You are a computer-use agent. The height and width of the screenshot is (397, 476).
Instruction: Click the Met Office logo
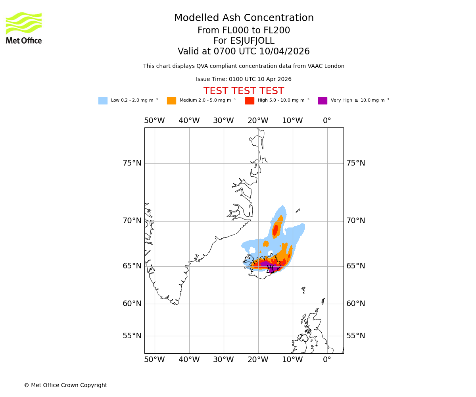pyautogui.click(x=24, y=28)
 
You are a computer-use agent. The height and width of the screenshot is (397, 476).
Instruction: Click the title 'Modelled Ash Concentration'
pyautogui.click(x=244, y=18)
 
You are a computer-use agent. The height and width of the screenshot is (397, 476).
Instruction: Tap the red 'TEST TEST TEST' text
pyautogui.click(x=244, y=91)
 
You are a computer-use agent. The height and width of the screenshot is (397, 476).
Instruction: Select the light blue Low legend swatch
pyautogui.click(x=103, y=101)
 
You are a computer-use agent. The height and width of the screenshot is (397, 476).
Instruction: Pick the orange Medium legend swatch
pyautogui.click(x=171, y=101)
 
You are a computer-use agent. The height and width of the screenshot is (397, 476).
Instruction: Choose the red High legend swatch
pyautogui.click(x=250, y=101)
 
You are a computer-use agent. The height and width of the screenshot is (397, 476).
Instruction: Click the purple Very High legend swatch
pyautogui.click(x=322, y=101)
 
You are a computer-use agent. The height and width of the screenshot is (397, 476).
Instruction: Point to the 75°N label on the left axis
pyautogui.click(x=132, y=163)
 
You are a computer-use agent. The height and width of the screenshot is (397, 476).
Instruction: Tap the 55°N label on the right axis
pyautogui.click(x=355, y=336)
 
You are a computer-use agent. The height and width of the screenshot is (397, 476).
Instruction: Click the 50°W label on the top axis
pyautogui.click(x=154, y=121)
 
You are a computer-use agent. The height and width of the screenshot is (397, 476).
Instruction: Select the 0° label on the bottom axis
pyautogui.click(x=327, y=360)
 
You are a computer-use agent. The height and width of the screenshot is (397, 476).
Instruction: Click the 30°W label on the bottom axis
pyautogui.click(x=223, y=360)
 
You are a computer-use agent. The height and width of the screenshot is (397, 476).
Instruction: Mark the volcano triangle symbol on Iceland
pyautogui.click(x=270, y=269)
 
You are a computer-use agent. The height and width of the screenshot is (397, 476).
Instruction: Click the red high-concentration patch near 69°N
pyautogui.click(x=275, y=230)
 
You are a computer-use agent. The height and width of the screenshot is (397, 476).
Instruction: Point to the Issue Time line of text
pyautogui.click(x=244, y=79)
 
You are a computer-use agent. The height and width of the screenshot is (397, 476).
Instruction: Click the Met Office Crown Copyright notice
pyautogui.click(x=65, y=385)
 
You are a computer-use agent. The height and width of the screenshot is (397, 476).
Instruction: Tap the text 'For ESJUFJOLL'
pyautogui.click(x=244, y=41)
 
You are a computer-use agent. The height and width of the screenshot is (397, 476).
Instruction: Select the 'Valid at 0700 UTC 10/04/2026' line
pyautogui.click(x=244, y=52)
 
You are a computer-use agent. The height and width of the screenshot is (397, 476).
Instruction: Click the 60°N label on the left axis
pyautogui.click(x=132, y=304)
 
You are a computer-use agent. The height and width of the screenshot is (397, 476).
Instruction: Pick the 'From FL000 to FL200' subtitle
pyautogui.click(x=244, y=31)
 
